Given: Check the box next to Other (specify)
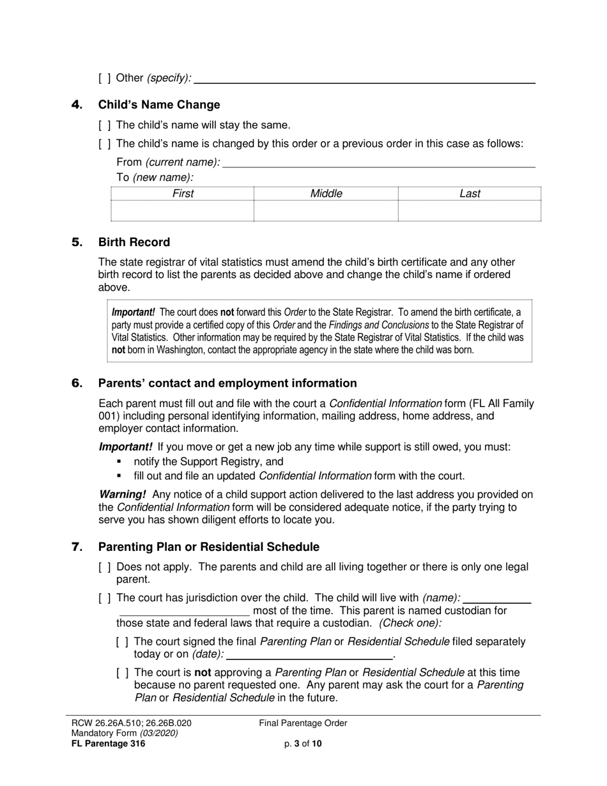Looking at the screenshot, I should [105, 78].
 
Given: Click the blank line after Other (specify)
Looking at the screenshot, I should [364, 79].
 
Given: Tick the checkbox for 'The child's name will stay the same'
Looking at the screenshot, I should [105, 125].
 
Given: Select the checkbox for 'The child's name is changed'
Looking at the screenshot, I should [105, 144].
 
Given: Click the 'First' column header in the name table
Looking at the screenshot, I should [183, 194].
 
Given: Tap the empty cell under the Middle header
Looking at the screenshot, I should [326, 211].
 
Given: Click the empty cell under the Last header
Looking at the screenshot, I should [470, 211].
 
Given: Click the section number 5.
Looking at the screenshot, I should [77, 242].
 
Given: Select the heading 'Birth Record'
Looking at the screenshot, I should [134, 242].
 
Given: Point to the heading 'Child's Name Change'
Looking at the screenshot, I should [159, 105].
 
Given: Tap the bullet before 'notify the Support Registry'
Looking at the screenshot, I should [119, 461].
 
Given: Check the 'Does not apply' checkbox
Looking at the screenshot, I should [105, 567].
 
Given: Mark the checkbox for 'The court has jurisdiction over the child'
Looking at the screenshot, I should [105, 598].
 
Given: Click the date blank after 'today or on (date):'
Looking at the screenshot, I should [310, 655].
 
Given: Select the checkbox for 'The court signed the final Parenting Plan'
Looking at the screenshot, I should [123, 642].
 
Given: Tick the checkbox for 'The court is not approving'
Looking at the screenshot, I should [123, 672].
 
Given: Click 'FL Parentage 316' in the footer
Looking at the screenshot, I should [109, 743].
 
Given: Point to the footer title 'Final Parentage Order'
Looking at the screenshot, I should [303, 723].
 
